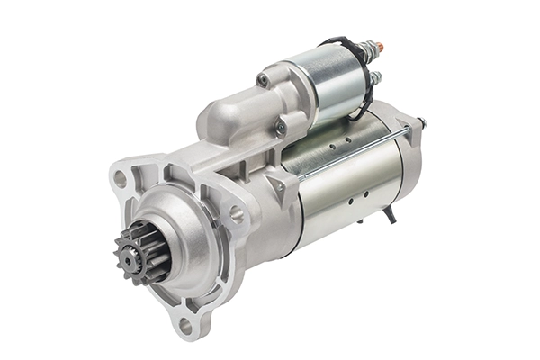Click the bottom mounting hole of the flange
tap(186, 325)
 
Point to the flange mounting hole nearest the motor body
tap(236, 214)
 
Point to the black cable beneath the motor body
tap(389, 214)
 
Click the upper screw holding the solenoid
tap(263, 80)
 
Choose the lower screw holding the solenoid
tap(281, 129)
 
